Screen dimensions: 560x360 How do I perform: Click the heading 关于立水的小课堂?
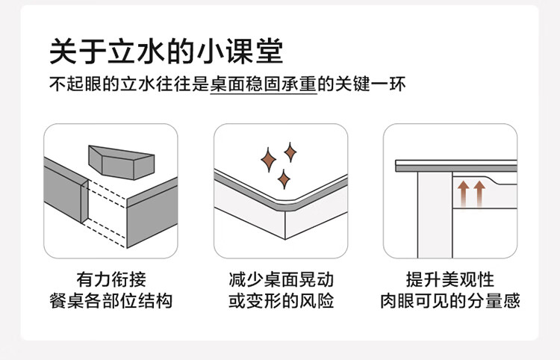pos(166,52)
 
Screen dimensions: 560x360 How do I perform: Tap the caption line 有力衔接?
pos(111,280)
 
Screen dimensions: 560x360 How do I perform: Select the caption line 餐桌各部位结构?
pos(111,301)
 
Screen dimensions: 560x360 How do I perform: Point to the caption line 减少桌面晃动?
pos(281,280)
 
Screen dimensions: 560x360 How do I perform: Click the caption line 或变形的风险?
pos(281,301)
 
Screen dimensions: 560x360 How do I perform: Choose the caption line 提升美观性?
pos(449,280)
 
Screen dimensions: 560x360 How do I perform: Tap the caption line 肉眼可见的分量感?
pos(449,301)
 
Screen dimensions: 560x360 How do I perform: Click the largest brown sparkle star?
pos(268,159)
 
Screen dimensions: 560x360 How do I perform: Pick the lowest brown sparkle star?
pos(283,179)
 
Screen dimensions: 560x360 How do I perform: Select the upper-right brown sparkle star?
pos(290,153)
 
